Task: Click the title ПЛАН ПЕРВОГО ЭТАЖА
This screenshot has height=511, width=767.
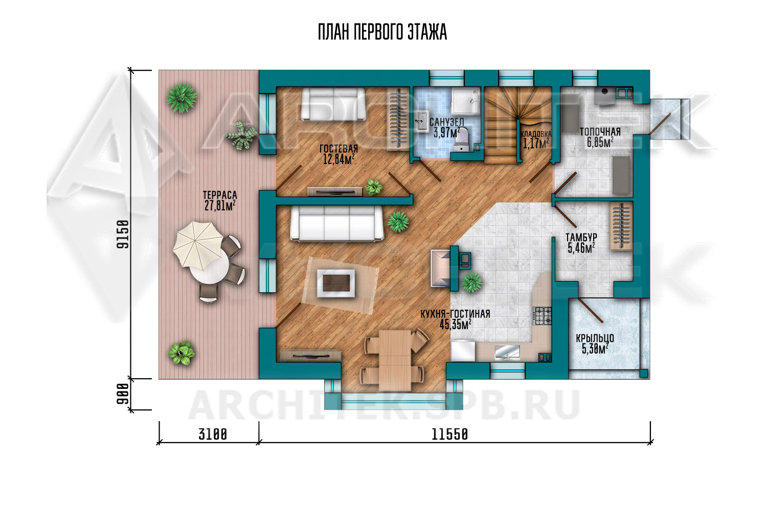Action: point(382,32)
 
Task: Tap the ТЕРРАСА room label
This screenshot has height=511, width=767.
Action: point(220,195)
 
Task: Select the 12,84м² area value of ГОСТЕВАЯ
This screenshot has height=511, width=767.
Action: point(339,159)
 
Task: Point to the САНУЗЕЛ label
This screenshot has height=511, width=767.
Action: point(447,122)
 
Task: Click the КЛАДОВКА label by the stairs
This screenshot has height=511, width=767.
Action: point(536,134)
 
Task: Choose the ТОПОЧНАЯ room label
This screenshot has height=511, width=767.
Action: point(600,132)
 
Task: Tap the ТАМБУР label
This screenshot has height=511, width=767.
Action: point(581,237)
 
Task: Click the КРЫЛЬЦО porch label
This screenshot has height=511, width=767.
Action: point(595,338)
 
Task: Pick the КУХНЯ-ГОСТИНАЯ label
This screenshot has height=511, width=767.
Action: point(455,314)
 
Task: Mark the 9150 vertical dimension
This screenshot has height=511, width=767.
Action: point(123,234)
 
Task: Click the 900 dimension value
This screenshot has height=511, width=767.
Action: point(123,393)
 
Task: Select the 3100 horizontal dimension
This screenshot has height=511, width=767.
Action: point(213,434)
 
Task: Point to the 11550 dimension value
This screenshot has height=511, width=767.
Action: point(449,434)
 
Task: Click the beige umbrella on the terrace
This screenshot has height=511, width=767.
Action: point(198,244)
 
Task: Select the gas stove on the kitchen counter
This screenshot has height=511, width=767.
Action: point(543,316)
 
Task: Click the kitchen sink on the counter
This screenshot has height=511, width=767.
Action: point(507,352)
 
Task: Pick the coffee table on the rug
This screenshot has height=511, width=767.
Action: point(336,283)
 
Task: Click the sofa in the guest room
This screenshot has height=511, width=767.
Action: point(333,104)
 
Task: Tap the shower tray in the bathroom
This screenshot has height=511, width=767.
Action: point(465,101)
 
